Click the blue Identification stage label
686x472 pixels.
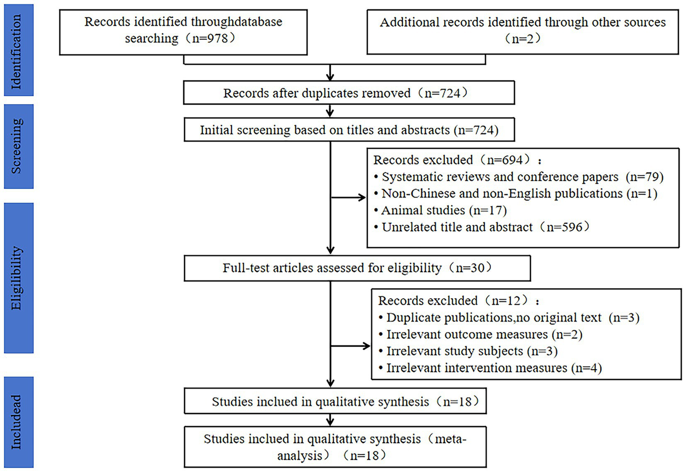(18, 50)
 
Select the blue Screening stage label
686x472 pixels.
(18, 146)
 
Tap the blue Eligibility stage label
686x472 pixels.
(18, 278)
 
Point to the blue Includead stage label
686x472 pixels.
(18, 422)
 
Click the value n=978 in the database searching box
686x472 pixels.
(210, 38)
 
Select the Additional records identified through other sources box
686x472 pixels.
(522, 31)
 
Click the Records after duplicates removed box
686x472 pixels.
(349, 93)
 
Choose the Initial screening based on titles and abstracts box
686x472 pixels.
(349, 130)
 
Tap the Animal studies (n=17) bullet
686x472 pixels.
(444, 210)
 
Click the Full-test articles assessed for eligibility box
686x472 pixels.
(357, 268)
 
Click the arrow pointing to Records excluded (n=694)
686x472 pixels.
(349, 197)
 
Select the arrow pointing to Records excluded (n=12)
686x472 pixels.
(351, 346)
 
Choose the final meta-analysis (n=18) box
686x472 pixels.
(335, 447)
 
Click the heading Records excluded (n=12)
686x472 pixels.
(458, 301)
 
